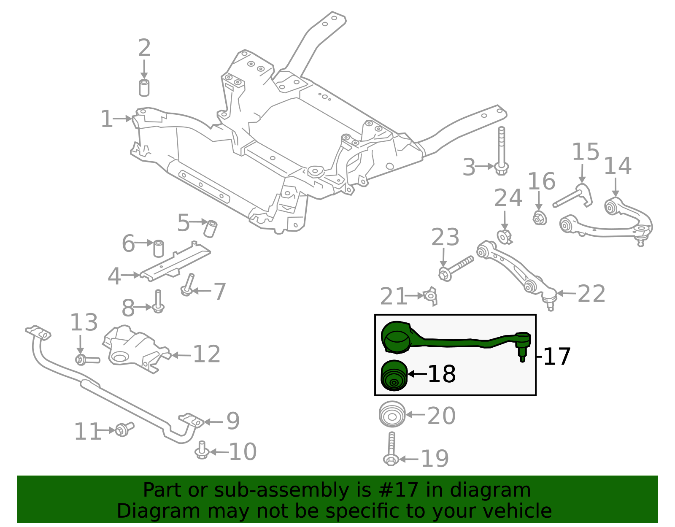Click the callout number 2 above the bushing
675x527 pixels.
tap(144, 48)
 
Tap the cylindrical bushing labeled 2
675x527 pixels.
tap(144, 87)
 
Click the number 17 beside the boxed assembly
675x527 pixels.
tap(557, 357)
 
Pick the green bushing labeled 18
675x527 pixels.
tap(394, 376)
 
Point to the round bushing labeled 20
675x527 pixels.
tap(392, 414)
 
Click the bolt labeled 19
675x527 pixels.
tap(391, 449)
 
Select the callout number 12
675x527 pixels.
tap(207, 354)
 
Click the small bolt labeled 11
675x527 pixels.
tap(124, 429)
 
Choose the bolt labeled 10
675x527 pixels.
tap(202, 451)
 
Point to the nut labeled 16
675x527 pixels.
tap(540, 218)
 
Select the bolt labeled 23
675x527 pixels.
tap(456, 267)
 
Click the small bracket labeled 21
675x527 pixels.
tap(431, 295)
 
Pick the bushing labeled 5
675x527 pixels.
tap(211, 228)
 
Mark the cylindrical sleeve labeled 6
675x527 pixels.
tap(158, 249)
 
